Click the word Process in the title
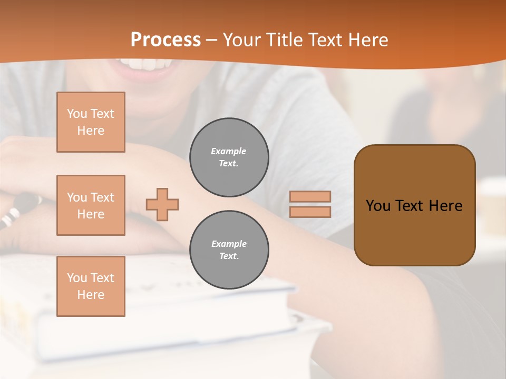tap(166, 40)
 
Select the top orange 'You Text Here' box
tap(91, 122)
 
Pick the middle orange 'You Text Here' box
tap(91, 205)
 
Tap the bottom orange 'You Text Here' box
tap(91, 286)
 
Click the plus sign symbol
tap(162, 204)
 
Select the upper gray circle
tap(229, 157)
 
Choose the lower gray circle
tap(229, 250)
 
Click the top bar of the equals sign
tap(310, 196)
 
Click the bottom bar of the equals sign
tap(310, 212)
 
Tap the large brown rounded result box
tap(414, 205)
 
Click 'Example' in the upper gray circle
tap(229, 151)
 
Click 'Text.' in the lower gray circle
tap(229, 256)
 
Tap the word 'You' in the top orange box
tap(77, 114)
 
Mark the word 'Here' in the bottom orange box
tap(91, 295)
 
